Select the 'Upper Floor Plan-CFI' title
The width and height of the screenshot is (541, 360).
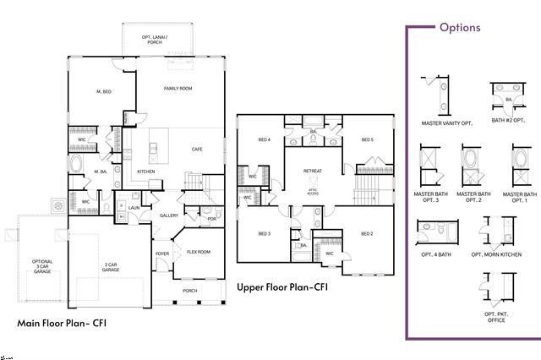pos(282,287)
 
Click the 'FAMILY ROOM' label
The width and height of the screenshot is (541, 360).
pos(178,88)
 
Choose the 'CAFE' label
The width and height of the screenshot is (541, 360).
pos(197,149)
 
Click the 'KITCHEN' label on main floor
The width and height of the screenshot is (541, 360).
pos(146,172)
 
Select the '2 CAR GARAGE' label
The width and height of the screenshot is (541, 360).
pos(110,268)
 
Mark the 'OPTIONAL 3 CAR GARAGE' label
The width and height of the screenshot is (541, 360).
pos(41,268)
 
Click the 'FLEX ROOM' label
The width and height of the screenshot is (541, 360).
pos(199,252)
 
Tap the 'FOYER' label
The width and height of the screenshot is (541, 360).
pos(161,253)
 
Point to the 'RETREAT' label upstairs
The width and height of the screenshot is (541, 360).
pos(313,171)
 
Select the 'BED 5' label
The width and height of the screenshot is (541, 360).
pos(368,139)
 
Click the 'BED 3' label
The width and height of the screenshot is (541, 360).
pos(264,233)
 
